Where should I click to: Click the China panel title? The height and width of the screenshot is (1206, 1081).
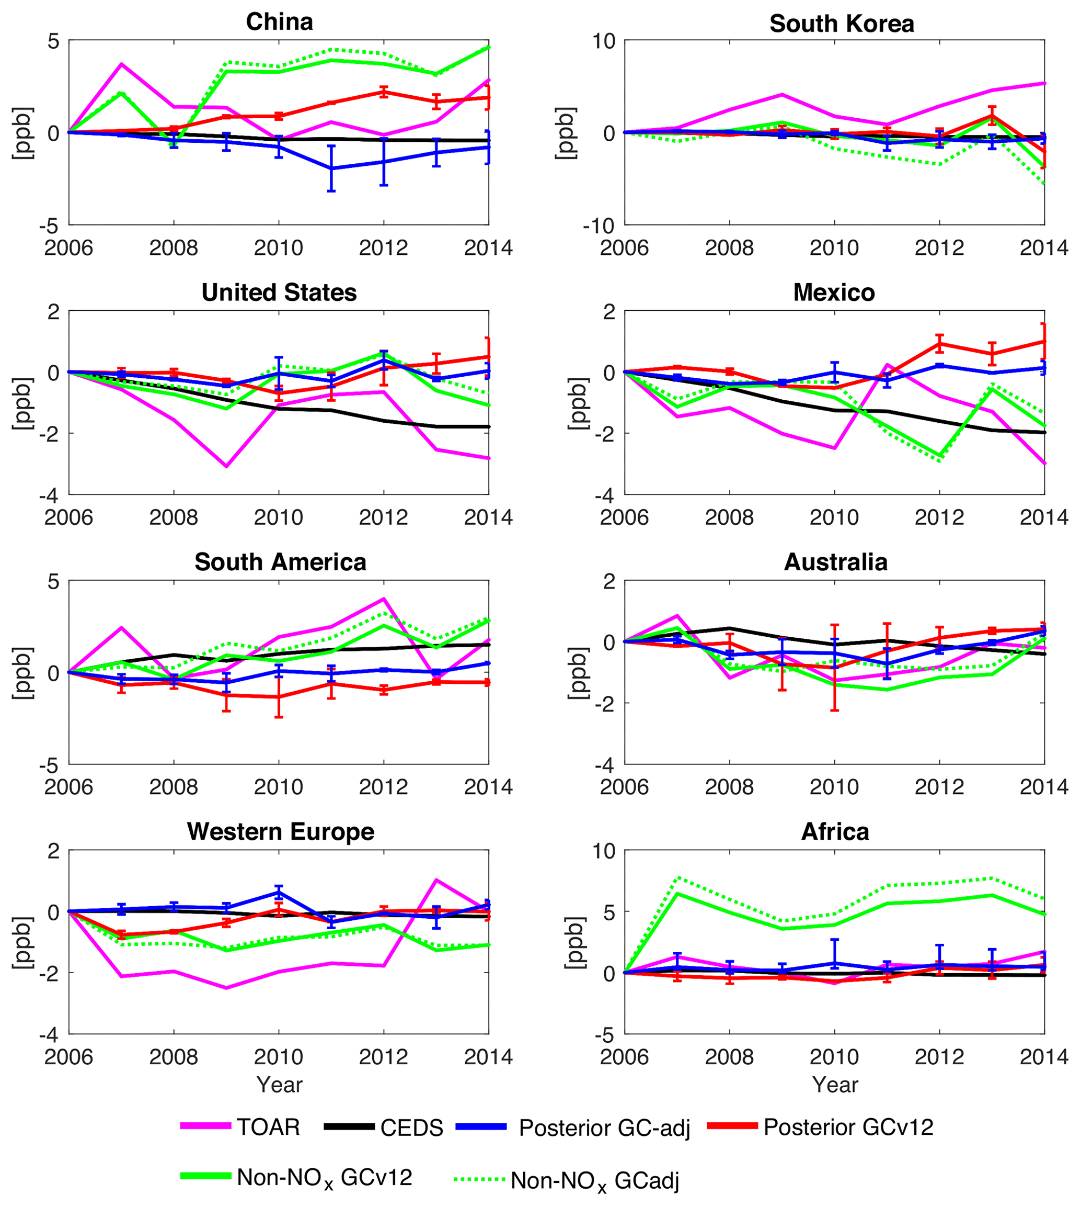pyautogui.click(x=279, y=22)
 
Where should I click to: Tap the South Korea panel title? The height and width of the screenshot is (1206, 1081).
pyautogui.click(x=841, y=24)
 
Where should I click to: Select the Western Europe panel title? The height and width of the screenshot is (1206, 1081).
pyautogui.click(x=280, y=831)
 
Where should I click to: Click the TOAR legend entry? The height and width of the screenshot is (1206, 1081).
pyautogui.click(x=269, y=1127)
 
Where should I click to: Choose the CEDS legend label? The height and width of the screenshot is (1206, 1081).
pyautogui.click(x=411, y=1128)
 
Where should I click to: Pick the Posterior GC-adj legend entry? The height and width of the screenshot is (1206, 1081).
pyautogui.click(x=604, y=1128)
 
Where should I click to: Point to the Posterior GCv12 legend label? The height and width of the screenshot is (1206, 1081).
pyautogui.click(x=848, y=1127)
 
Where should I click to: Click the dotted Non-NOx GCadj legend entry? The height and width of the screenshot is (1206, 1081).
pyautogui.click(x=594, y=1180)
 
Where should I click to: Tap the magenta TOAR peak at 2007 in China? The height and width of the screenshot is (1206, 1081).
pyautogui.click(x=121, y=64)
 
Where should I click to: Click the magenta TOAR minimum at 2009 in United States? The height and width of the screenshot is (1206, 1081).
pyautogui.click(x=226, y=466)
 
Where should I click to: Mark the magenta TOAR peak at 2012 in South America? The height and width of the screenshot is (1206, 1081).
pyautogui.click(x=384, y=599)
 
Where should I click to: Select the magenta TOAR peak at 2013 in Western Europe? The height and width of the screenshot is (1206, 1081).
pyautogui.click(x=436, y=880)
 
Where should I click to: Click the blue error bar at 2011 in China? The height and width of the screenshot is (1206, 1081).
pyautogui.click(x=331, y=168)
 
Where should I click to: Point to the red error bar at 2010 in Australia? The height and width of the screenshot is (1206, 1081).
pyautogui.click(x=834, y=668)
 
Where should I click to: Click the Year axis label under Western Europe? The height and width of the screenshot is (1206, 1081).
pyautogui.click(x=279, y=1085)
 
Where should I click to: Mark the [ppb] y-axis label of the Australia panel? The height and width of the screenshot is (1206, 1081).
pyautogui.click(x=577, y=673)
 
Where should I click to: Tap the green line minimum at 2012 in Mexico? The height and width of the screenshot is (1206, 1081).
pyautogui.click(x=940, y=455)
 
